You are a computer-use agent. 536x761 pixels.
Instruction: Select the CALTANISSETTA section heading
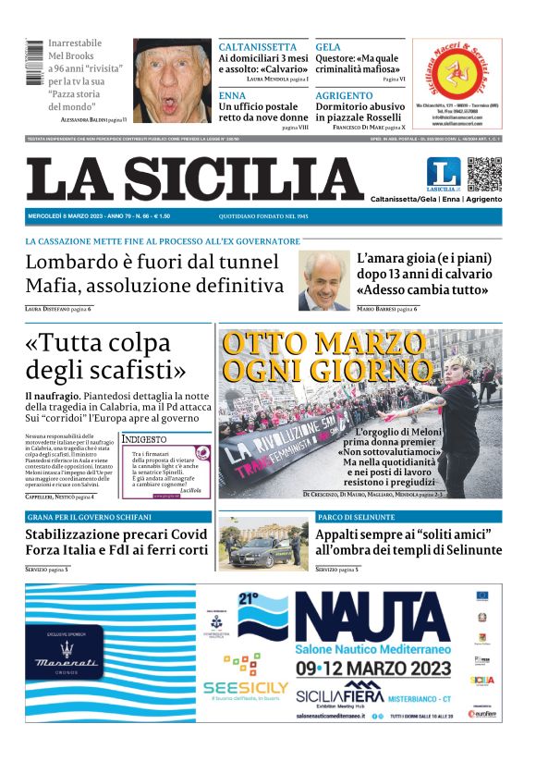[x=258, y=47]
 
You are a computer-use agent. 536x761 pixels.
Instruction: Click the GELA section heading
[x=328, y=47]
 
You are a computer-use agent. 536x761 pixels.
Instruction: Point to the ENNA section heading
[x=232, y=95]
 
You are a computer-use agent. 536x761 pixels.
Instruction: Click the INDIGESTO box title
[x=145, y=439]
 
